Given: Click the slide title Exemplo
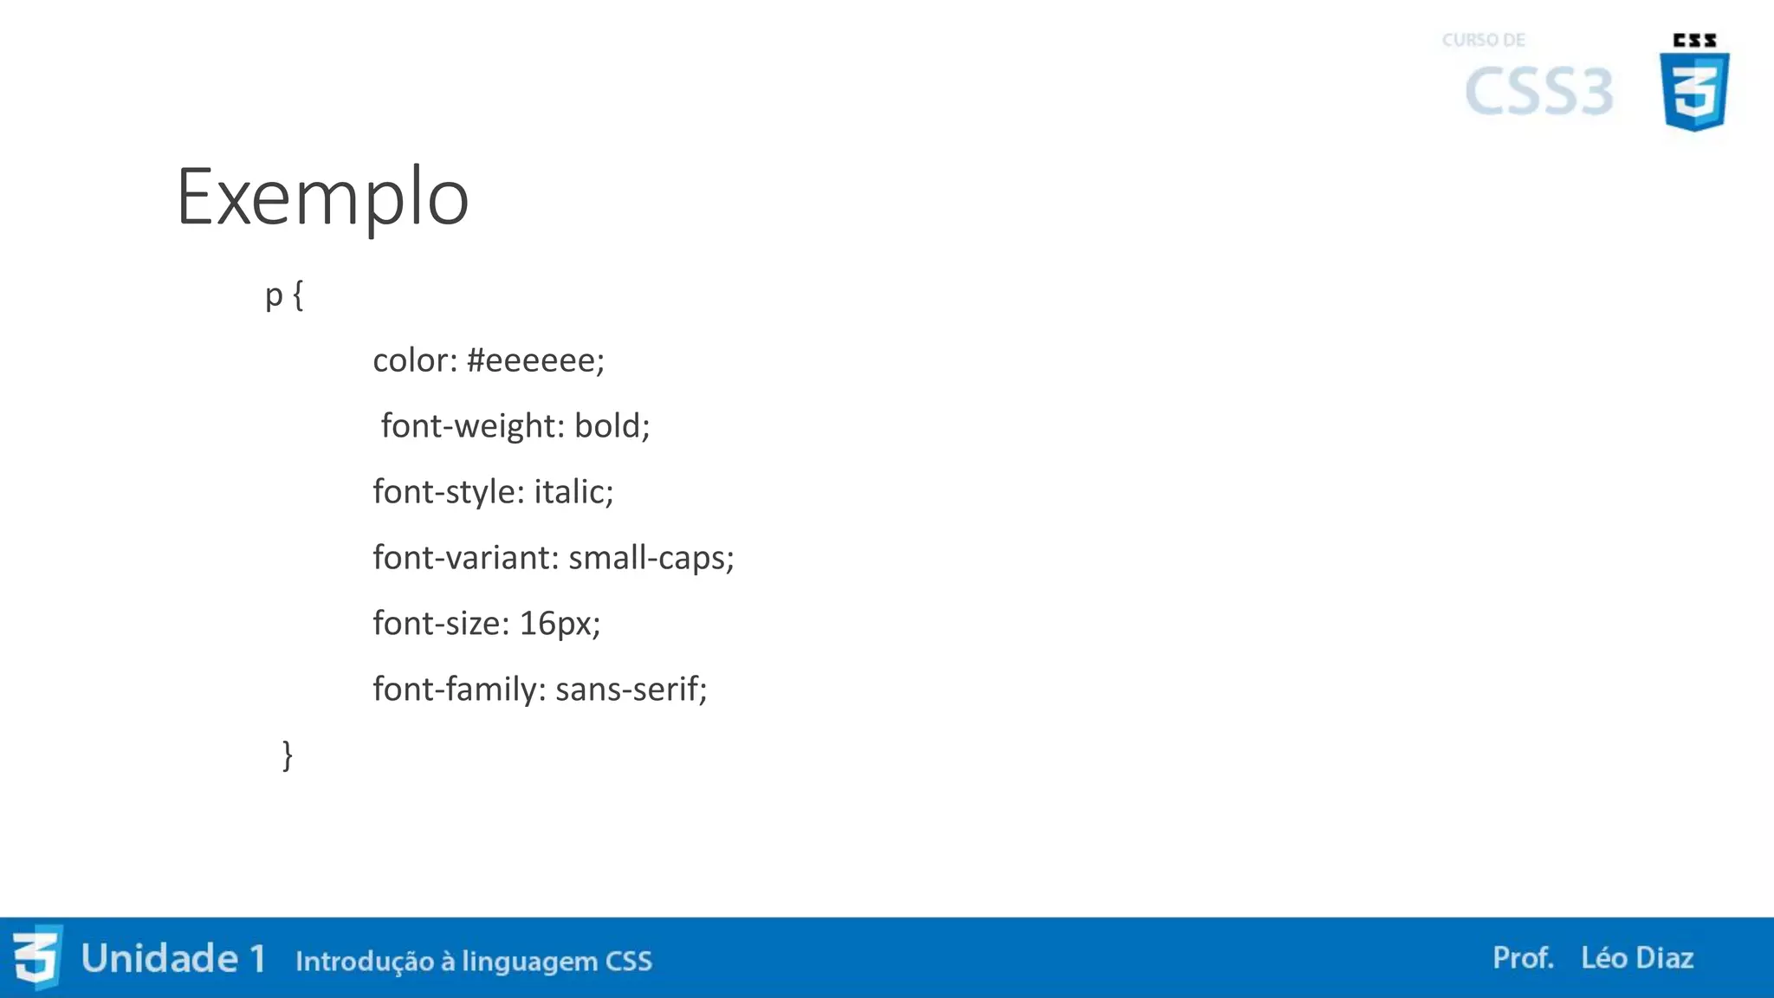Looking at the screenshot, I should [322, 198].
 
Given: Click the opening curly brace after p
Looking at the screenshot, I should [298, 296].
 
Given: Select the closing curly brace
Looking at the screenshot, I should [288, 755].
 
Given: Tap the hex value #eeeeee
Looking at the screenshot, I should [534, 360].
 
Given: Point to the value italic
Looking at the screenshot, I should [573, 492].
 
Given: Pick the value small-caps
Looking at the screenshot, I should [651, 558].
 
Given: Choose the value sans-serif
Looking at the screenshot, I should [631, 690].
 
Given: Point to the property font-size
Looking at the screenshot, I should [441, 624].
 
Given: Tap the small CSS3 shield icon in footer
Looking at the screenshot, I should [37, 957].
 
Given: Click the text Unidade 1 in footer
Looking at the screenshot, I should [173, 959].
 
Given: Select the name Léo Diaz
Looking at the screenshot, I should [1637, 958].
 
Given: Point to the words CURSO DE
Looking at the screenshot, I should [1484, 40].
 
